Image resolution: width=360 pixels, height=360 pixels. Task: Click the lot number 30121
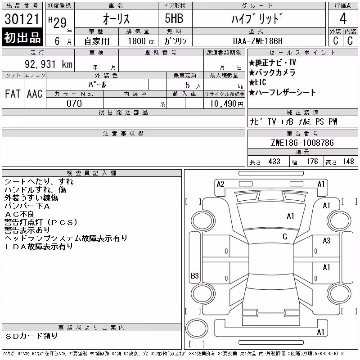click(x=22, y=18)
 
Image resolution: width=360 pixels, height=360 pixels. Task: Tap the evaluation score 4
click(x=343, y=18)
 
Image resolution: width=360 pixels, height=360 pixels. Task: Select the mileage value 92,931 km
click(x=49, y=64)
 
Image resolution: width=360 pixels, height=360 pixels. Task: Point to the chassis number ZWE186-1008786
click(x=302, y=143)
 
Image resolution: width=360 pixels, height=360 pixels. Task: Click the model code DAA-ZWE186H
click(x=257, y=41)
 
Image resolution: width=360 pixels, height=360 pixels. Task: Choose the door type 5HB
click(x=174, y=18)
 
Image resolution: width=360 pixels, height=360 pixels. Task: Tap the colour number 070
click(x=74, y=103)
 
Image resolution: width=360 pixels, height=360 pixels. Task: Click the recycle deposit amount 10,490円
click(x=227, y=104)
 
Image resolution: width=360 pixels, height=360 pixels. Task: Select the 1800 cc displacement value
click(x=141, y=41)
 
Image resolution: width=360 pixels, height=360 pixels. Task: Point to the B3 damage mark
click(x=195, y=275)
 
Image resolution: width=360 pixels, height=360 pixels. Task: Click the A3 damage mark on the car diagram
click(x=327, y=240)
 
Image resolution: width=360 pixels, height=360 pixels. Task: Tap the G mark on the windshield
click(x=285, y=237)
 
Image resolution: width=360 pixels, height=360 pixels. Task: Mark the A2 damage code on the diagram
click(x=220, y=184)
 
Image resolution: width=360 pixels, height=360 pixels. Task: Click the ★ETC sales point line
click(x=257, y=82)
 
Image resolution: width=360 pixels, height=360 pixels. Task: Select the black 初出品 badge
click(x=22, y=37)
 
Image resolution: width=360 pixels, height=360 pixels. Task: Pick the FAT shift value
click(x=13, y=94)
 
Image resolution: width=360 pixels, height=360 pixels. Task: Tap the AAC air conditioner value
click(x=35, y=94)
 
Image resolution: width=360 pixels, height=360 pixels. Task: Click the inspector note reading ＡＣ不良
click(x=19, y=214)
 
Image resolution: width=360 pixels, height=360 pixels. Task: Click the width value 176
click(x=312, y=162)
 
